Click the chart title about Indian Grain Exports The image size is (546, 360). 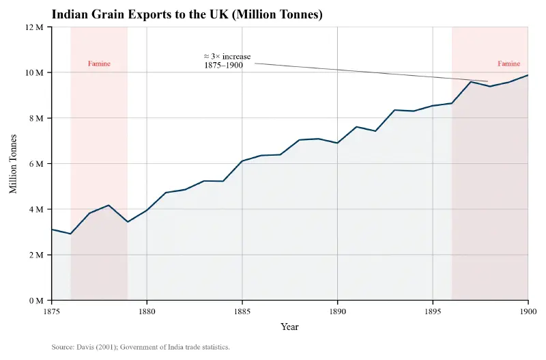point(187,14)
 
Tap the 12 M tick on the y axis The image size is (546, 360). point(34,27)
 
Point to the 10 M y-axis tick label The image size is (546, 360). point(34,72)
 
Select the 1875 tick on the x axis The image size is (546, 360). point(52,311)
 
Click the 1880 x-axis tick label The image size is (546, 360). point(147,311)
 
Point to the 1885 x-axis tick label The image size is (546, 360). point(242,311)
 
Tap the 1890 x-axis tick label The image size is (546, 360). point(337,311)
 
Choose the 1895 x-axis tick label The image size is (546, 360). point(433,311)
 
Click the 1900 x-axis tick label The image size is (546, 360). point(528,311)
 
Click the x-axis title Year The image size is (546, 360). point(289,327)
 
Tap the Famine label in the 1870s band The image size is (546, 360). point(99,64)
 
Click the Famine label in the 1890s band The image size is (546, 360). point(508,64)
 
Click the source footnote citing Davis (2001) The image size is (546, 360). point(141,347)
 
